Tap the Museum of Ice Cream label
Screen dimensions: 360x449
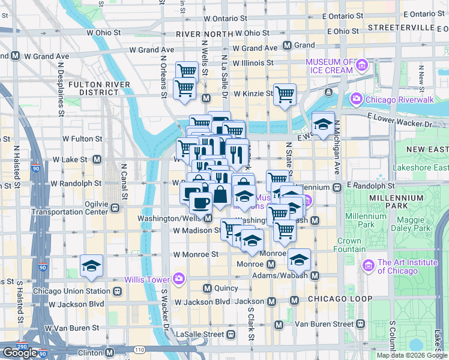pos(330,66)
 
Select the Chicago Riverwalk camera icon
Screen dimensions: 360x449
pos(357,98)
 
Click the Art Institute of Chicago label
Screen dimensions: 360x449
pos(397,267)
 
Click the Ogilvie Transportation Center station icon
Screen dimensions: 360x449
pos(114,208)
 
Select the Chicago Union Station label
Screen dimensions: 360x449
pos(71,292)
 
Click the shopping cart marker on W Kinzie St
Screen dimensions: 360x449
pos(285,94)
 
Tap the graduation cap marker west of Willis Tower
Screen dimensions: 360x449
pos(91,265)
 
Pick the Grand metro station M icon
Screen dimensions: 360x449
pos(287,45)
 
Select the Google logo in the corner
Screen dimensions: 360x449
pos(20,353)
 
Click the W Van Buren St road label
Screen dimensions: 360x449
pos(74,328)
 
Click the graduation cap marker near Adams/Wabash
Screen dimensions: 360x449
pos(299,259)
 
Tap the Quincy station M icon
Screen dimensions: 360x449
pos(208,287)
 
